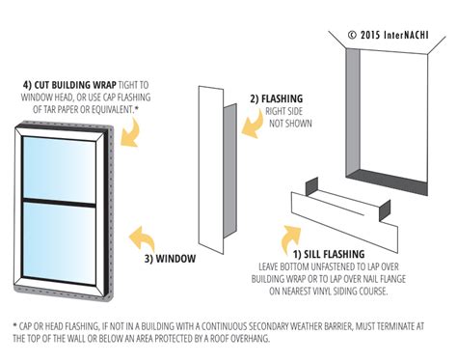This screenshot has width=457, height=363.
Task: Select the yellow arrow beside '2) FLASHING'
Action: (233, 108)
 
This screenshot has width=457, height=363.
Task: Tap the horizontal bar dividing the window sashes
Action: (60, 201)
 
